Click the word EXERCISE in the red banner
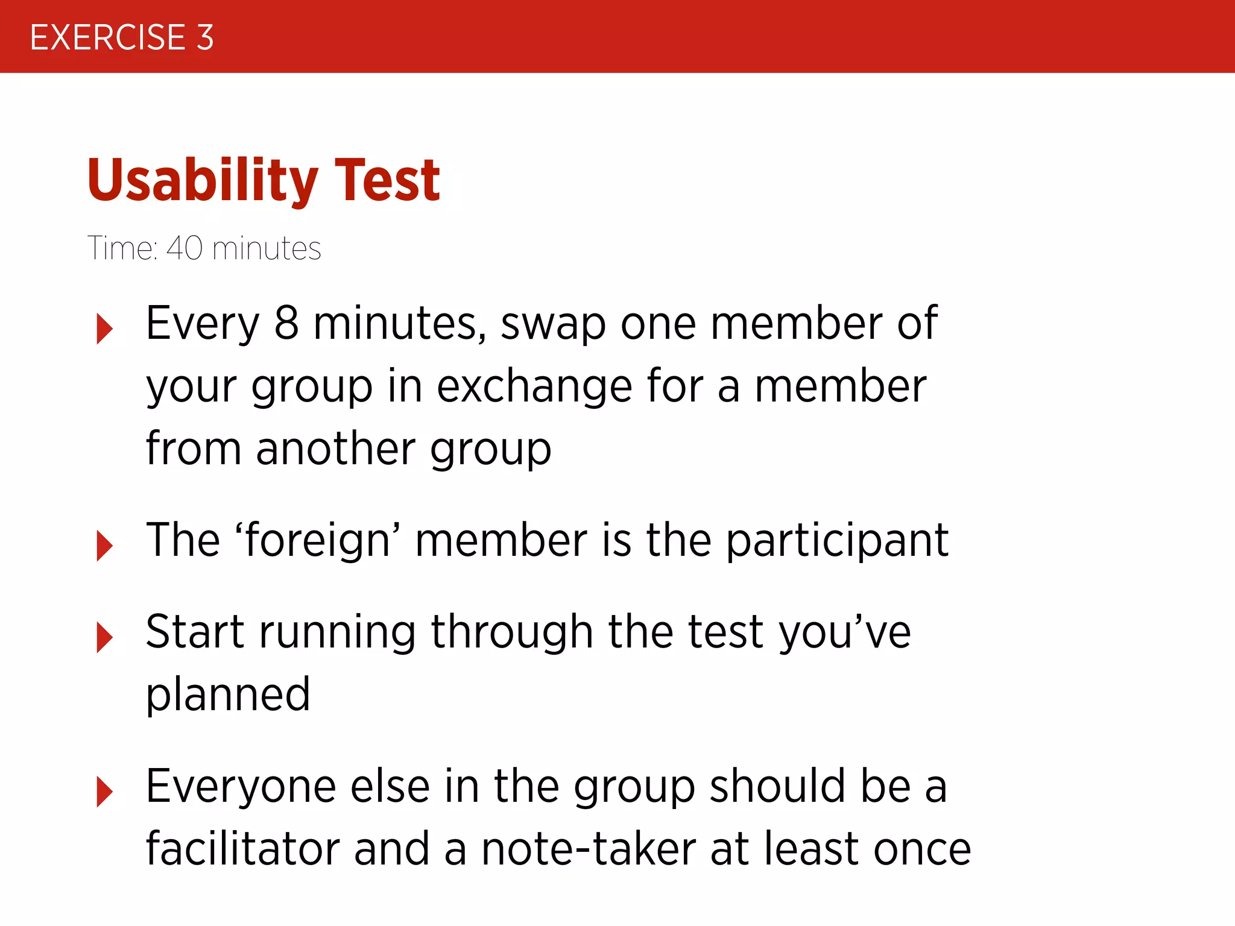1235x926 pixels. [x=107, y=37]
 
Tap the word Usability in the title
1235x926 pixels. [x=203, y=180]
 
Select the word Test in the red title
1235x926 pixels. [x=387, y=180]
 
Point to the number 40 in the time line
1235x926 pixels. [x=185, y=248]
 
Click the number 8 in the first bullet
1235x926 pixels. [x=286, y=324]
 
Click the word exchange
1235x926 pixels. [x=534, y=386]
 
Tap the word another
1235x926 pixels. [x=335, y=449]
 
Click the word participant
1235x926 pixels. [x=837, y=541]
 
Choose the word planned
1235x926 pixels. [x=228, y=695]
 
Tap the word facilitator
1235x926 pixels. [x=243, y=849]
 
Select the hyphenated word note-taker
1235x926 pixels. [x=589, y=849]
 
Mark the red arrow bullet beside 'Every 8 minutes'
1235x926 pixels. [x=104, y=329]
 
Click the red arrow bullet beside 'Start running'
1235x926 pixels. [x=104, y=637]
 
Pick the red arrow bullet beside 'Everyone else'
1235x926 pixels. [x=104, y=791]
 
